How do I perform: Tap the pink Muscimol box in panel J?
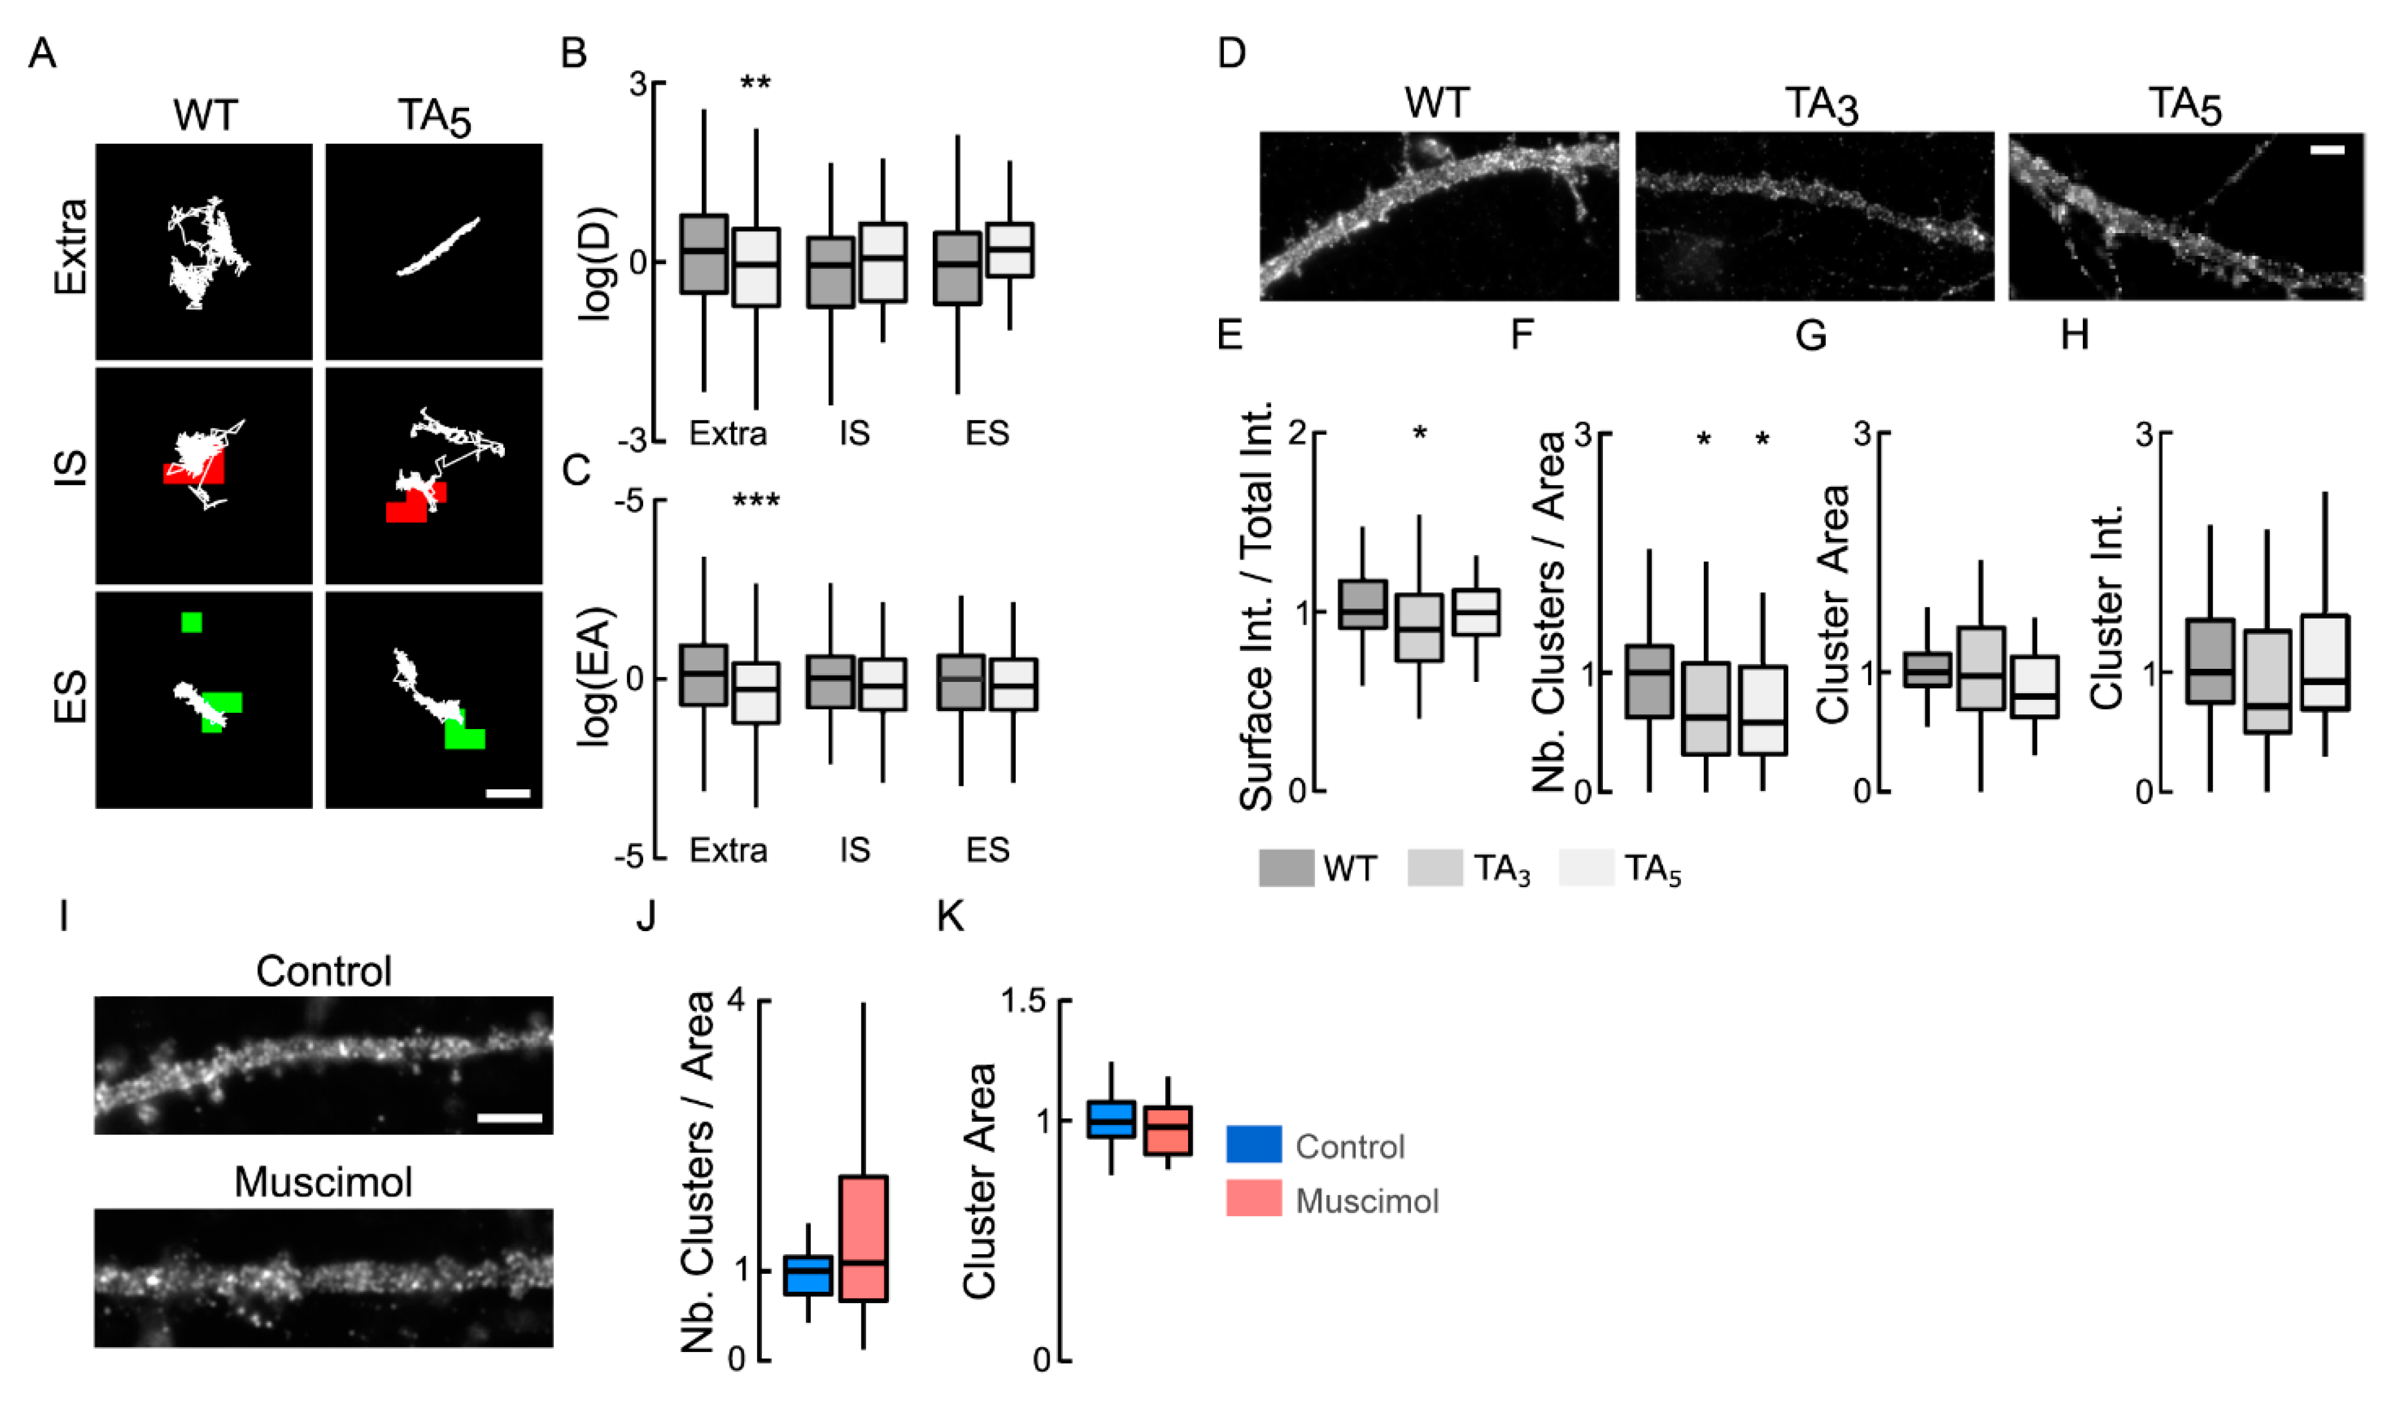pyautogui.click(x=863, y=1237)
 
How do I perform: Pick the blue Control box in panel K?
pyautogui.click(x=1111, y=1119)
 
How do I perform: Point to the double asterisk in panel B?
pyautogui.click(x=755, y=83)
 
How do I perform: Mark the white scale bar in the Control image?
pyautogui.click(x=509, y=1118)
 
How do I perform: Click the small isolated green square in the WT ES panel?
pyautogui.click(x=191, y=622)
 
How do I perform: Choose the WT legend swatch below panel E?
pyautogui.click(x=1286, y=868)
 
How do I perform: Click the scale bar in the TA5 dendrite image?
pyautogui.click(x=2327, y=150)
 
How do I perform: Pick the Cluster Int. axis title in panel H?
pyautogui.click(x=2107, y=606)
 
